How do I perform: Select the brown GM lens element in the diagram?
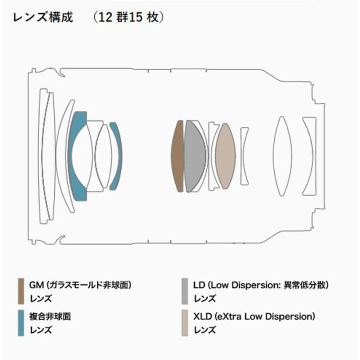(x=178, y=156)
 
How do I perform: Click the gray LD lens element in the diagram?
(x=194, y=156)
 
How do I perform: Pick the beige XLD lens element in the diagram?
(x=225, y=156)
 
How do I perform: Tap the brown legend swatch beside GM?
(x=21, y=291)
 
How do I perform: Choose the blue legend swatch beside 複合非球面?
(x=21, y=323)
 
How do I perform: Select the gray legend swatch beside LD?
(x=185, y=291)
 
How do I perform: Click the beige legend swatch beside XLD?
(x=185, y=323)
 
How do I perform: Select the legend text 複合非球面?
(x=50, y=317)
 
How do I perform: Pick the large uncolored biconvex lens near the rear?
(x=283, y=156)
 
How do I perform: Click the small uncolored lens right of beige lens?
(x=244, y=155)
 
